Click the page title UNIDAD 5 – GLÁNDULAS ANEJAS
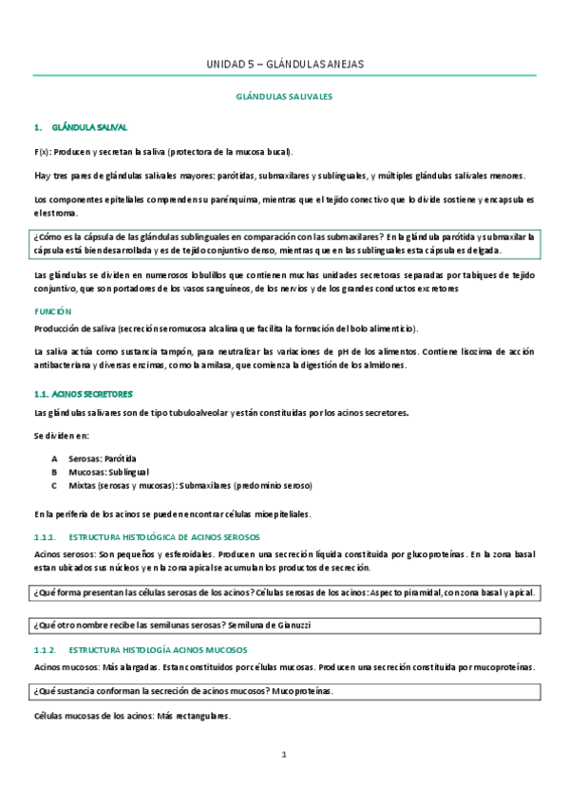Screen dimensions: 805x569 tap(284, 65)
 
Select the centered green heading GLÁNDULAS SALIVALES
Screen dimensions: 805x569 tap(284, 97)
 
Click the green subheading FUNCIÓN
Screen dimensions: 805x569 tap(53, 311)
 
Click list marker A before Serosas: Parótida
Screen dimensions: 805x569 tap(55, 458)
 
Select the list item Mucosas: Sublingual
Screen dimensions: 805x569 tap(108, 472)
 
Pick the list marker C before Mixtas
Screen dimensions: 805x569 tap(55, 485)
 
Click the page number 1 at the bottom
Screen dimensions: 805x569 tap(283, 755)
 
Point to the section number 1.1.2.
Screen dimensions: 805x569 tap(46, 650)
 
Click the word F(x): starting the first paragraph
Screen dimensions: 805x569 tap(42, 152)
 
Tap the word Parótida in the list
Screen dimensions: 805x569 tap(120, 458)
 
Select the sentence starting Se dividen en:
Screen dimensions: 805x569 tap(62, 435)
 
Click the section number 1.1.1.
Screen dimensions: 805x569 tap(46, 538)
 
